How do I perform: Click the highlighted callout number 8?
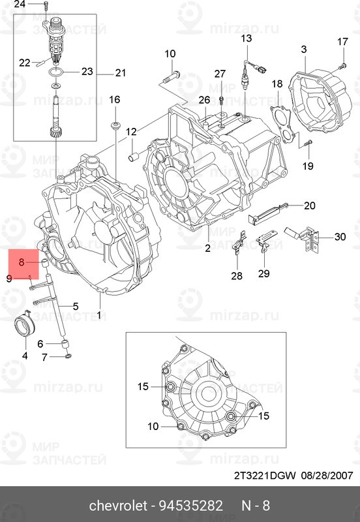click(21, 262)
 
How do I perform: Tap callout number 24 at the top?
click(20, 5)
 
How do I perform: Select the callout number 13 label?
click(246, 40)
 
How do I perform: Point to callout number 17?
click(343, 42)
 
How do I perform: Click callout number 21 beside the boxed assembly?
click(120, 72)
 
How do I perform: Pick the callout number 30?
click(340, 237)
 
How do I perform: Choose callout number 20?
click(309, 206)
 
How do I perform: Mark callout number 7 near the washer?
click(45, 357)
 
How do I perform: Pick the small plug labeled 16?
click(116, 124)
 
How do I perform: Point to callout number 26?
click(204, 100)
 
